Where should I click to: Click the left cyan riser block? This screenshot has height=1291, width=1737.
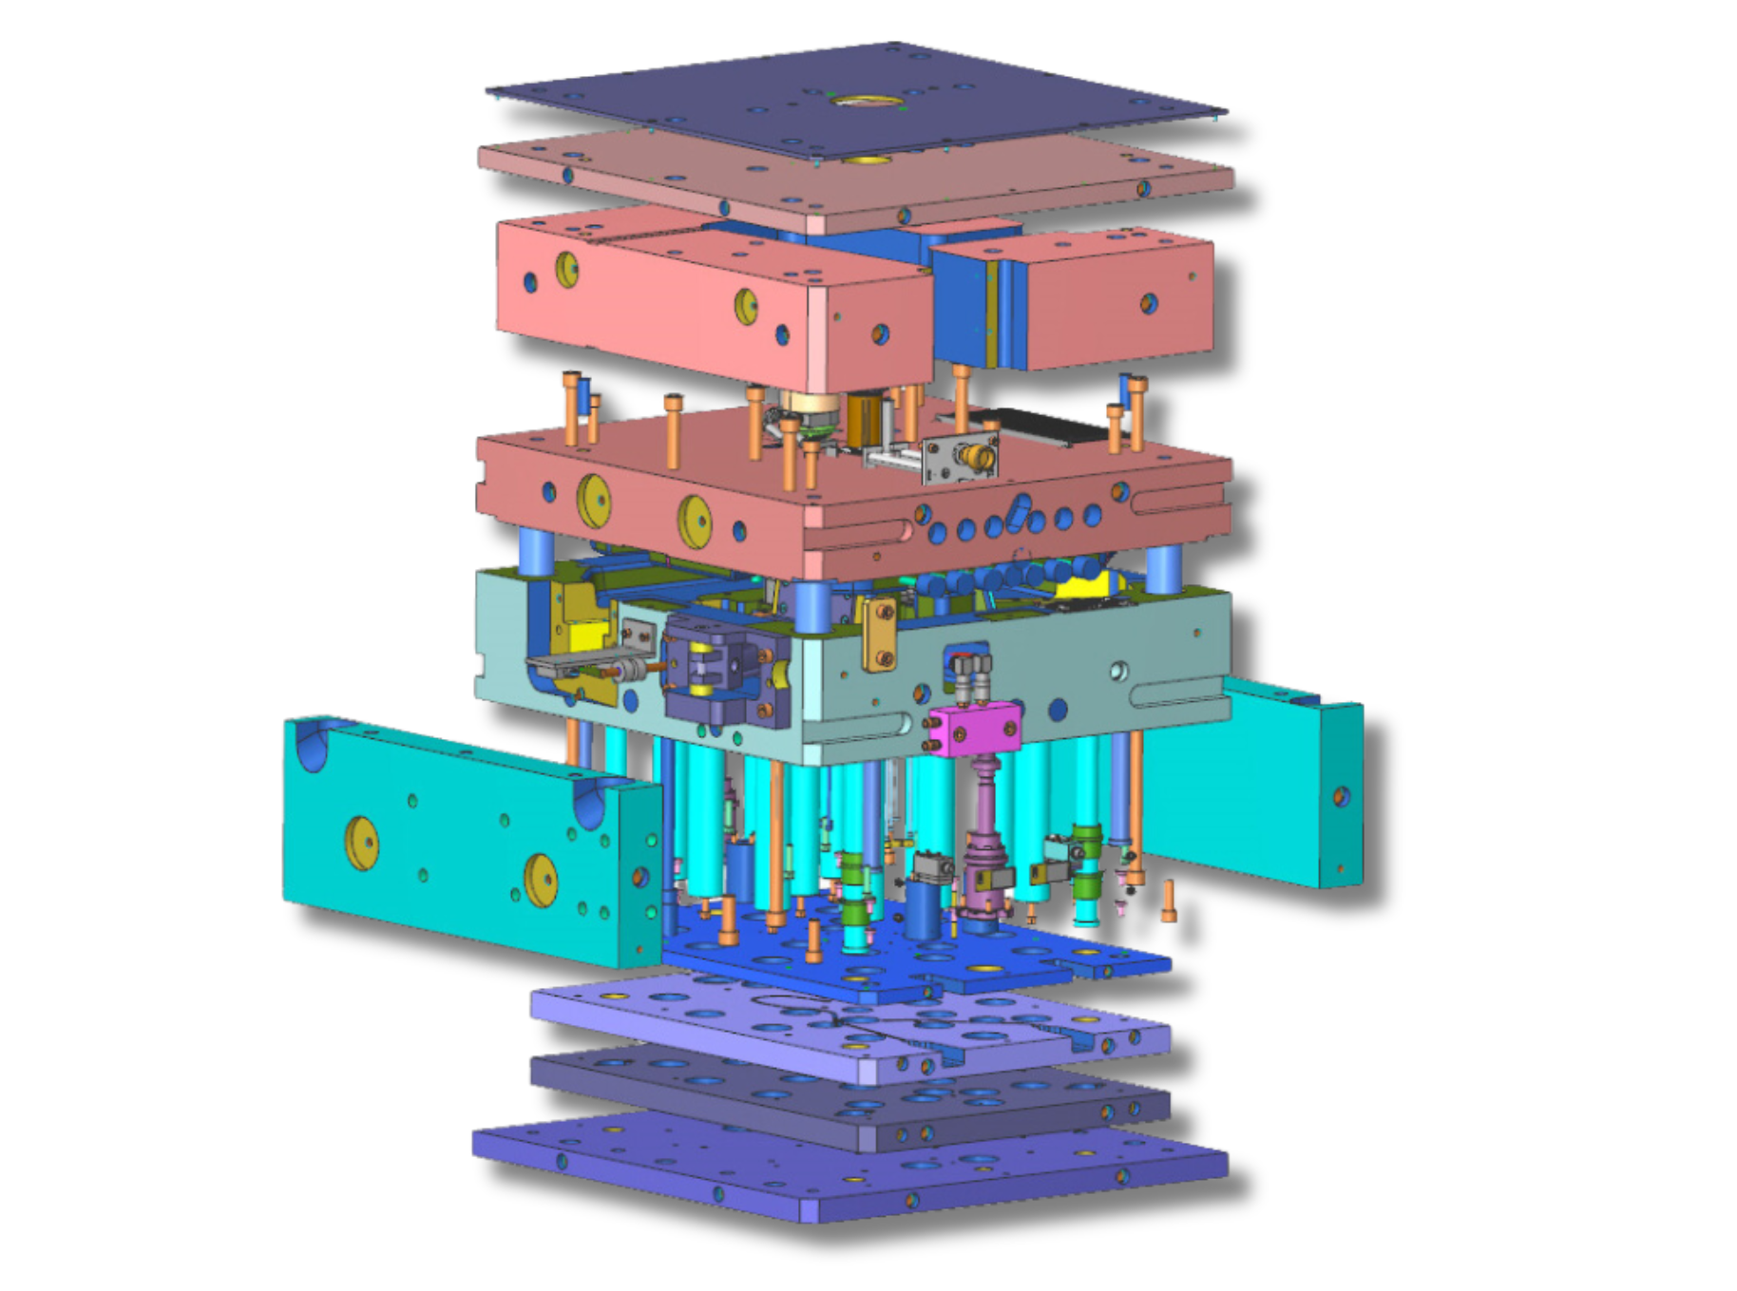[x=456, y=836]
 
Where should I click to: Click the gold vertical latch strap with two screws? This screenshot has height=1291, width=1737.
[x=879, y=634]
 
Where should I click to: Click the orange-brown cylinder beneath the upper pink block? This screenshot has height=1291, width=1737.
[x=865, y=418]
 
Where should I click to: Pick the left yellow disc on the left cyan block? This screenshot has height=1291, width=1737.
[x=362, y=843]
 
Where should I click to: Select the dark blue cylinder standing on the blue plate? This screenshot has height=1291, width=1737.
[x=922, y=907]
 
